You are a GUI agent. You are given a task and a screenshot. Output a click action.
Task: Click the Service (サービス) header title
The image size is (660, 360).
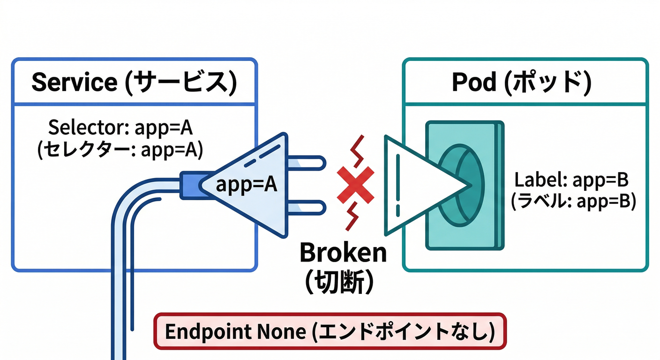[x=134, y=82]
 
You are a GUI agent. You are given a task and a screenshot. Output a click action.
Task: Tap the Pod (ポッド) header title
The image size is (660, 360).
[x=521, y=82]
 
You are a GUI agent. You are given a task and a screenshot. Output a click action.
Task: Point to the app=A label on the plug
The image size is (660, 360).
[x=247, y=185]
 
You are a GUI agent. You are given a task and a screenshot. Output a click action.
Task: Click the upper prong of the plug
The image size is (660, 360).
[x=307, y=163]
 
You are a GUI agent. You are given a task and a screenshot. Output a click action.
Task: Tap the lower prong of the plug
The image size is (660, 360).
[x=307, y=207]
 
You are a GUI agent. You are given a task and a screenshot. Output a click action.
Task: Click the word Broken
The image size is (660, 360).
[x=343, y=254]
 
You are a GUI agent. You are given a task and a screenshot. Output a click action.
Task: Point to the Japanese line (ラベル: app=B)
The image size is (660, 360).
[x=573, y=201]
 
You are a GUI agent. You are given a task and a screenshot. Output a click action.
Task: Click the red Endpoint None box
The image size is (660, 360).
[x=330, y=331]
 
